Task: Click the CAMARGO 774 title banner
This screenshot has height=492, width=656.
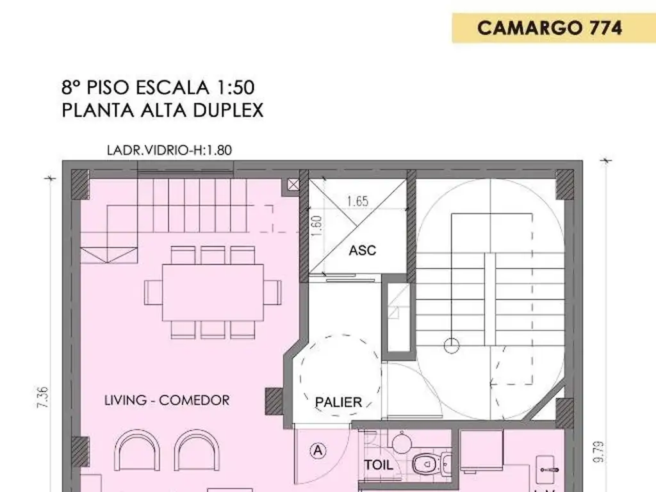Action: click(550, 28)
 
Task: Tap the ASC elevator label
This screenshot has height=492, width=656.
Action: click(362, 250)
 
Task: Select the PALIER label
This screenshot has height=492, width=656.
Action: click(338, 403)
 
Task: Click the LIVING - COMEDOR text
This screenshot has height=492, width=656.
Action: click(167, 400)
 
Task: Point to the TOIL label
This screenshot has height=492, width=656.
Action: click(379, 465)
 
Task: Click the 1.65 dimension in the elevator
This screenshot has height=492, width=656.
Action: click(357, 201)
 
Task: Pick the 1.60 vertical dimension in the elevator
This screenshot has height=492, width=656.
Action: click(316, 225)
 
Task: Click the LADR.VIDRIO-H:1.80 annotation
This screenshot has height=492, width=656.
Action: click(169, 151)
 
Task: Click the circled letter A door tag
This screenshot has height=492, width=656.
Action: click(318, 450)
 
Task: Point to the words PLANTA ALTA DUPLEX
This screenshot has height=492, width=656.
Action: click(163, 110)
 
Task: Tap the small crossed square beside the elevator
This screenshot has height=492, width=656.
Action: click(293, 185)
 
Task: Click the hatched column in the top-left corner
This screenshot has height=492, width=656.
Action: click(79, 184)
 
